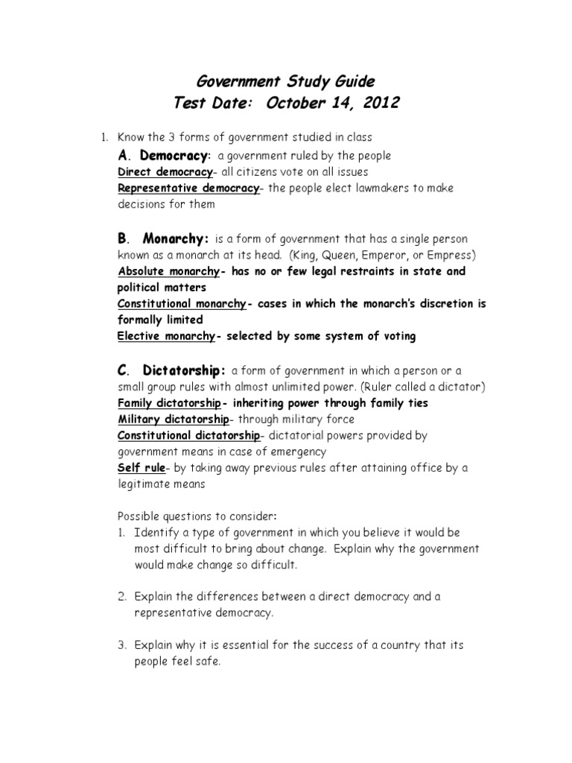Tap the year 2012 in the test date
coord(377,103)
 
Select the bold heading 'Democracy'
coord(174,156)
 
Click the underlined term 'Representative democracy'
coord(188,188)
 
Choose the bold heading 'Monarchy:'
coord(176,239)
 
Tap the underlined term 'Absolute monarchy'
coord(168,271)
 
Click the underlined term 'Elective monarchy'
coord(166,335)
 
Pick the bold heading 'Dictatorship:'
coord(184,370)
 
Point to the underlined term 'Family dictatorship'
coord(169,403)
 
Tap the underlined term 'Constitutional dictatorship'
coord(189,436)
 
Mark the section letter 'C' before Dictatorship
coord(123,370)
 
